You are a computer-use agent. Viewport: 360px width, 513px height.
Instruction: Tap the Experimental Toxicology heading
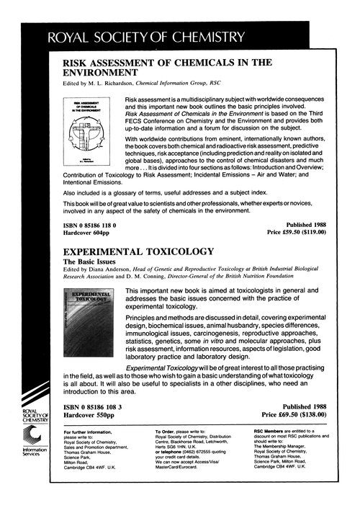pos(140,252)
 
